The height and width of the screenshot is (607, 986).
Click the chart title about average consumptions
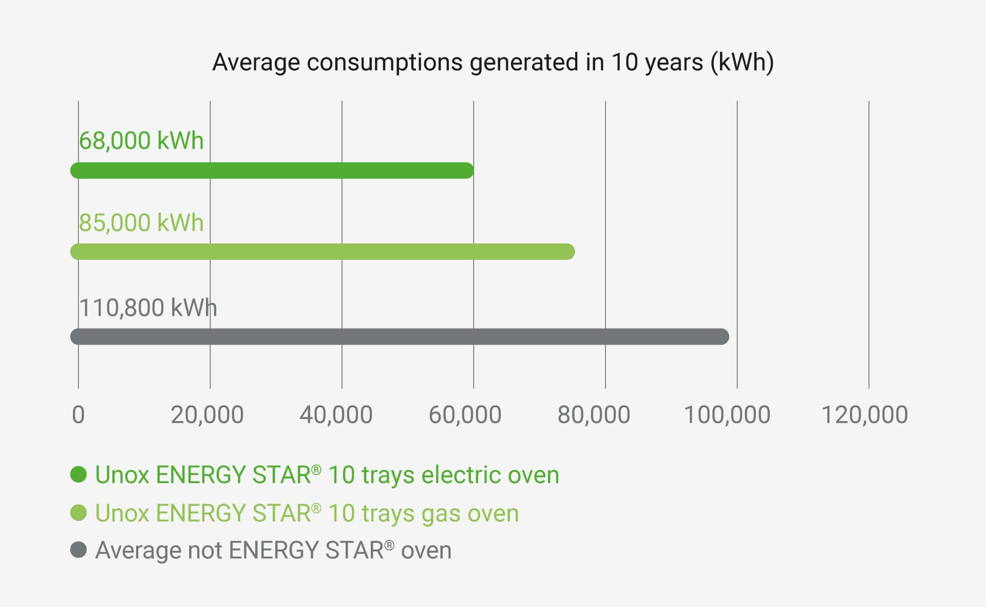pos(493,63)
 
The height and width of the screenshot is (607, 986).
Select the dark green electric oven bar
pos(272,170)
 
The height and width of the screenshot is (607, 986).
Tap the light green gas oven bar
pos(323,252)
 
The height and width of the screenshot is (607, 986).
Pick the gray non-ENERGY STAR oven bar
pos(400,336)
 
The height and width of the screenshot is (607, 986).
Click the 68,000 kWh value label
pos(141,141)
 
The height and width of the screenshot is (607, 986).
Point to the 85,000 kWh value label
pos(141,223)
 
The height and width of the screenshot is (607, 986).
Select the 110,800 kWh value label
pos(148,308)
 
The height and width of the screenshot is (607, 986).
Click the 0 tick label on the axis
pos(78,415)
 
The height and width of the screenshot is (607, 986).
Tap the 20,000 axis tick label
pos(207,415)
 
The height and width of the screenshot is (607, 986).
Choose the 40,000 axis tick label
pos(336,415)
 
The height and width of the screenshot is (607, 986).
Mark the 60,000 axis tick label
pos(465,415)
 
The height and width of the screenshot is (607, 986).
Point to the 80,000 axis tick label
pos(594,415)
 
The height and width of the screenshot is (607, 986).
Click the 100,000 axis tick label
pos(727,415)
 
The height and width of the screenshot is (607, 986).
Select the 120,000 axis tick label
pos(864,415)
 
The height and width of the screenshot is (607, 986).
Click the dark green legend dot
pos(79,475)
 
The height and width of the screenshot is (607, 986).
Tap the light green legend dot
pos(79,513)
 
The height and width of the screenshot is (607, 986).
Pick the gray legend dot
pos(79,550)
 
